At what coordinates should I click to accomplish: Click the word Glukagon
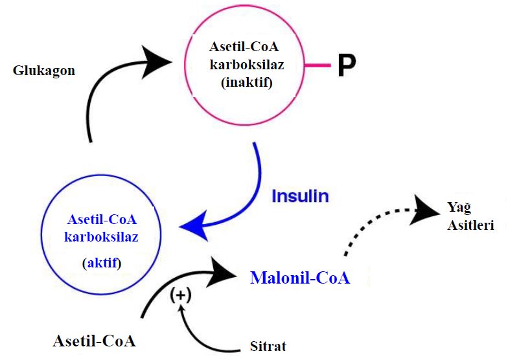click(44, 70)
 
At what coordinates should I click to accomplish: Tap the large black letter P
click(347, 66)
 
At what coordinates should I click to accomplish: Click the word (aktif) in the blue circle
click(102, 264)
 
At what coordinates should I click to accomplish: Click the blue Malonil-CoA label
click(300, 278)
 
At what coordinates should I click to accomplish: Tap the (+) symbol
click(181, 296)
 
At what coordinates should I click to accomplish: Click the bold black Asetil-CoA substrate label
click(95, 341)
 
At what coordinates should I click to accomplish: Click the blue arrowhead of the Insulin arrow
click(194, 227)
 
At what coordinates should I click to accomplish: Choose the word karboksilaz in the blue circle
click(102, 236)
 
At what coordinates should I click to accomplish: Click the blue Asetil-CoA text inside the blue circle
click(102, 219)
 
